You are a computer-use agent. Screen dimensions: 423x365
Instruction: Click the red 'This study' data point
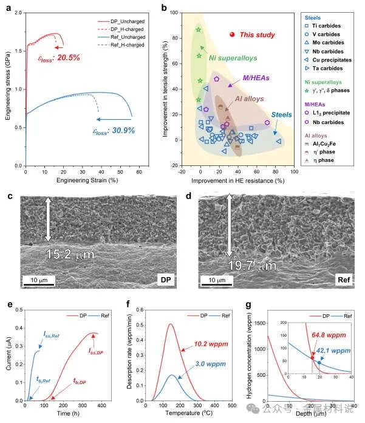[x=232, y=35]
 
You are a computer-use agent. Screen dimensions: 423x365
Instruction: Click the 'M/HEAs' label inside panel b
[x=256, y=77]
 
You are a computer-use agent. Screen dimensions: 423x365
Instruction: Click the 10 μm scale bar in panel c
[x=39, y=279]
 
